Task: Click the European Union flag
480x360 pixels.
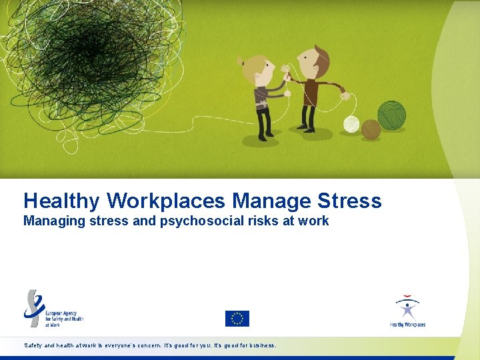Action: (x=237, y=319)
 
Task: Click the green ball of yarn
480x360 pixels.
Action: (x=391, y=115)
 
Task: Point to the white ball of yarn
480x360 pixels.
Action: (x=351, y=124)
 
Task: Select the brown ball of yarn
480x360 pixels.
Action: (x=371, y=129)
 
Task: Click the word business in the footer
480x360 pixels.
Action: (x=257, y=346)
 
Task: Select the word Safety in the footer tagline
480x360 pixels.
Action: (x=32, y=346)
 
